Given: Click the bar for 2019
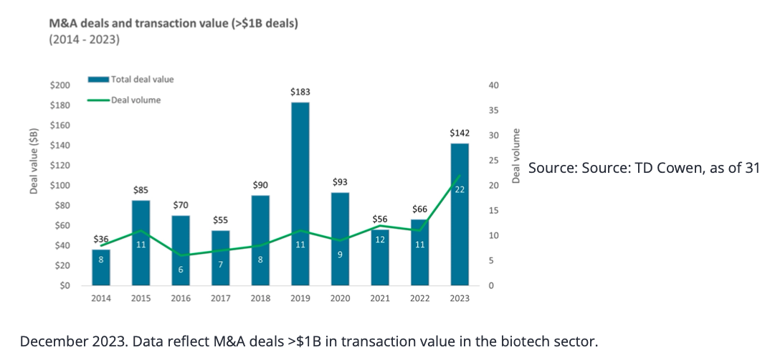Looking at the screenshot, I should (300, 194).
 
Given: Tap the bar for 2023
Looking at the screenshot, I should (460, 214).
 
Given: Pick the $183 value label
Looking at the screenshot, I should (300, 93).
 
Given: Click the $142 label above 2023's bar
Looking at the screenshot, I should (460, 133).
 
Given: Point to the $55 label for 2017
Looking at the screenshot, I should (220, 220).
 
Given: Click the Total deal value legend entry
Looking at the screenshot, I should (142, 79).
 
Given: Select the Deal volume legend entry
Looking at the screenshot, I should (136, 100).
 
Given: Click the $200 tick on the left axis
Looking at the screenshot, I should (60, 85).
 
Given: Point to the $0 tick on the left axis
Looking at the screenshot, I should (64, 286).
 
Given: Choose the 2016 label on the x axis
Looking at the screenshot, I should (181, 299).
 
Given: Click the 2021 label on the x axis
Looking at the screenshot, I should (380, 299).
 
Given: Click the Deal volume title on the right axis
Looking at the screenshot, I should (515, 156).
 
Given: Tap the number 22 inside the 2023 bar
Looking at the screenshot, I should (460, 189).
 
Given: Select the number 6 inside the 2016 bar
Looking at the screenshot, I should (181, 270).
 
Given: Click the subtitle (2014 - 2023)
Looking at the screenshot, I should (84, 39).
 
